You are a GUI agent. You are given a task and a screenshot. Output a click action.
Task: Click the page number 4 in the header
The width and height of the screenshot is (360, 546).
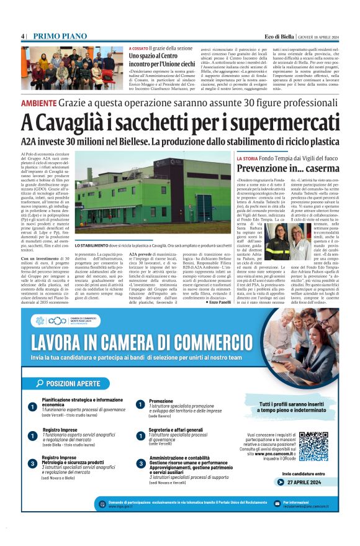[22, 37]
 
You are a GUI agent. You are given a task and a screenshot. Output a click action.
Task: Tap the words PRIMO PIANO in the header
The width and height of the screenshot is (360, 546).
[55, 37]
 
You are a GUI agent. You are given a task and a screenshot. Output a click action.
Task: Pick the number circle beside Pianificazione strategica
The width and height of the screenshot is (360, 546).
[32, 407]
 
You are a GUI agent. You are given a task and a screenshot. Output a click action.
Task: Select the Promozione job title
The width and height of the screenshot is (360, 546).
[161, 401]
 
